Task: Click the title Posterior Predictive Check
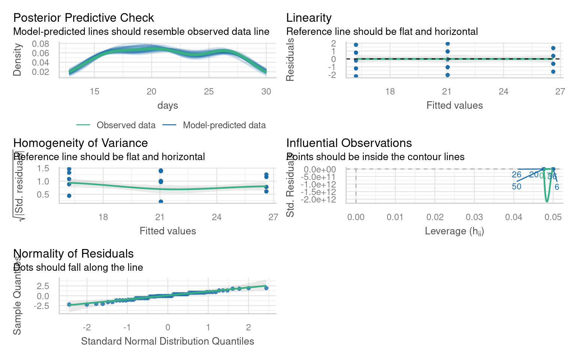pos(83,18)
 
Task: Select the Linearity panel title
pos(309,18)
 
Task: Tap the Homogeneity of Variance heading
pos(80,143)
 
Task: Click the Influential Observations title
pos(349,143)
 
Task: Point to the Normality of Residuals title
pos(73,253)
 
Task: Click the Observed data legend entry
pos(126,125)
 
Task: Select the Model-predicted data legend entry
pos(224,125)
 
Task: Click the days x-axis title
pos(168,105)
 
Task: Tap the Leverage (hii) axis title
pos(454,231)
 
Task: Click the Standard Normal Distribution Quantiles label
pos(168,341)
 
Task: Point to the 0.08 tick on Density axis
pos(40,44)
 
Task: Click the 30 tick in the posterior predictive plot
pos(266,91)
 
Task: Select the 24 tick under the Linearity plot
pos(503,91)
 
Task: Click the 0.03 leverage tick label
pos(474,217)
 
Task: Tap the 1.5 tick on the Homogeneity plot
pos(43,168)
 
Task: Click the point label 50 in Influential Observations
pos(516,187)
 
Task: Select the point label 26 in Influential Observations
pos(516,175)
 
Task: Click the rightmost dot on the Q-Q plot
pos(266,288)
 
